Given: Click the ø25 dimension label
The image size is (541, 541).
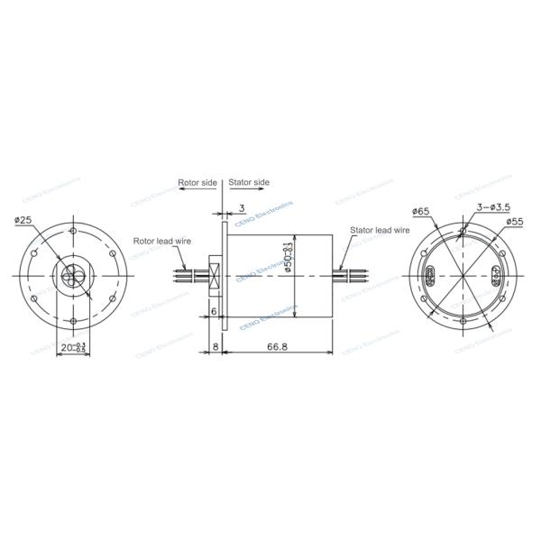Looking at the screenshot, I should (24, 220).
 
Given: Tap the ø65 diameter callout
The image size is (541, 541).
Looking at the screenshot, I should (420, 211).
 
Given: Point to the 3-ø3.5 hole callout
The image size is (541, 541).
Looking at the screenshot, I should (489, 206).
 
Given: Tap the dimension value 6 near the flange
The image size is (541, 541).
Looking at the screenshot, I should (213, 311).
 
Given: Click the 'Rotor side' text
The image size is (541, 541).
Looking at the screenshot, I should (197, 182).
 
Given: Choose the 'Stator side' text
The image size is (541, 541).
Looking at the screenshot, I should (249, 182).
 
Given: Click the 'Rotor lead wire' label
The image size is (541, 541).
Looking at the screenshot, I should (162, 241).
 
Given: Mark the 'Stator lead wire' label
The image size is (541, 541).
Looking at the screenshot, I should (381, 231).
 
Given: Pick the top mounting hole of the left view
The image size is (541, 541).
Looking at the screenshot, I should (75, 230).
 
